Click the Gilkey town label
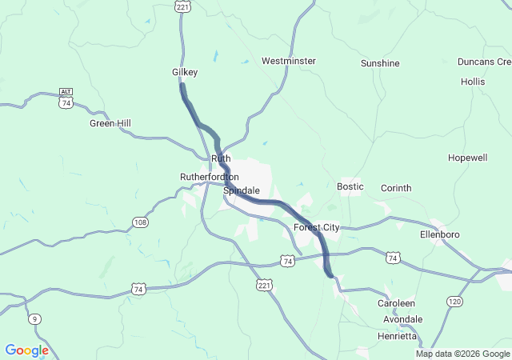pos(185,72)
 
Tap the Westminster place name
pos(289,61)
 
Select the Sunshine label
pos(380,63)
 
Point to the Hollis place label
pos(473,82)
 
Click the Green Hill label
pos(110,123)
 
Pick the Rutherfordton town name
pos(210,177)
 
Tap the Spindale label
pos(242,191)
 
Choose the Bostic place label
pos(350,186)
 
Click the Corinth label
pos(396,188)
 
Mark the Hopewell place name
pos(468,158)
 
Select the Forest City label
pos(317,228)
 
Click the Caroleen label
pos(397,304)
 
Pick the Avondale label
pos(402,319)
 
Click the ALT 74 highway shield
pos(66,101)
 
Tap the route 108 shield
pos(140,222)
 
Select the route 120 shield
pos(454,301)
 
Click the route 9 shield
pos(34,320)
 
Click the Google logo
pos(26,350)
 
